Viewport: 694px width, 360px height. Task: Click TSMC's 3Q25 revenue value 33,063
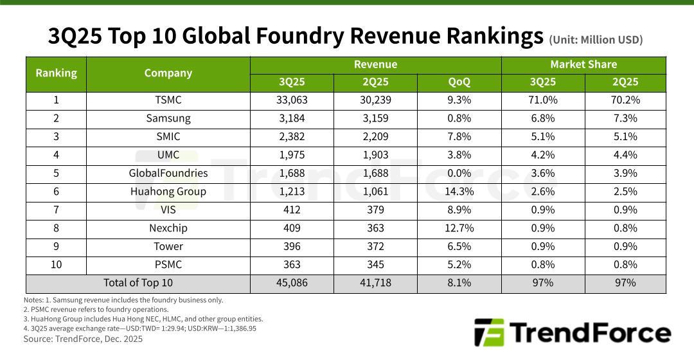[x=292, y=100]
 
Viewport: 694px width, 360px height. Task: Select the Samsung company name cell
[x=168, y=118]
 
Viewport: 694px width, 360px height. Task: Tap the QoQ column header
[x=459, y=82]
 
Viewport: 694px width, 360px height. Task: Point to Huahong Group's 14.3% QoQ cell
[x=459, y=192]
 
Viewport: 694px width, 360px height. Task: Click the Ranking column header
[x=56, y=73]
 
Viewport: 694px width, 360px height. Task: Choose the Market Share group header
[x=583, y=64]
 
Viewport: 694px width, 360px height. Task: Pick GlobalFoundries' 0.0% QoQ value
[x=459, y=173]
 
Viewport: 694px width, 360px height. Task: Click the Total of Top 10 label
[x=138, y=283]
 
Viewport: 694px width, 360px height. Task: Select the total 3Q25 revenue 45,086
[x=292, y=283]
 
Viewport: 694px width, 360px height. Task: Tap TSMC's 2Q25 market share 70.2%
[x=625, y=100]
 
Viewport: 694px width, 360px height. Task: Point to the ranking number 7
[x=56, y=210]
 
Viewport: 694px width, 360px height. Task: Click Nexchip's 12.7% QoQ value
[x=459, y=228]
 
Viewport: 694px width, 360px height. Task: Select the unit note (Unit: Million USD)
[x=595, y=40]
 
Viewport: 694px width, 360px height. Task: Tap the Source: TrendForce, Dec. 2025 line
[x=83, y=339]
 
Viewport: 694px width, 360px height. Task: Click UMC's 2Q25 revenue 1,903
[x=375, y=155]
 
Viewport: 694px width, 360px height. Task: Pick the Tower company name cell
[x=168, y=246]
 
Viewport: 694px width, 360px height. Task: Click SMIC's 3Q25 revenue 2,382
[x=292, y=137]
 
